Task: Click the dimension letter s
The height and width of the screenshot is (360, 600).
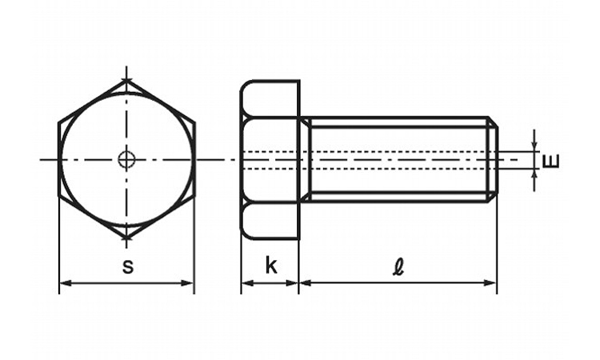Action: [x=128, y=266]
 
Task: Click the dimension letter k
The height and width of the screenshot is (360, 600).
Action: [x=271, y=266]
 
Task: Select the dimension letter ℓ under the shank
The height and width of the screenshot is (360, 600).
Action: [x=398, y=267]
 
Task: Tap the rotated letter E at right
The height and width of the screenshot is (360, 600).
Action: [x=551, y=161]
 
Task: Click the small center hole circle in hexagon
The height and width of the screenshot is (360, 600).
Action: [x=126, y=159]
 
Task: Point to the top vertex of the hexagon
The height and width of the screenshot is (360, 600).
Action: [x=126, y=81]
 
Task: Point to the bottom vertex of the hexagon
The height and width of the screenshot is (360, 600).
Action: [x=126, y=238]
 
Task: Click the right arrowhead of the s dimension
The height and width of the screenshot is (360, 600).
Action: [x=187, y=283]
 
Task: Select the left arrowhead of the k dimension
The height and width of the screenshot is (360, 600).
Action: [x=248, y=283]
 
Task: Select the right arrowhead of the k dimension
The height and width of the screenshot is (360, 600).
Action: [x=292, y=283]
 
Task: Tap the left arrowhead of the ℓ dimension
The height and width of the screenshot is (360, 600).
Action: [x=306, y=283]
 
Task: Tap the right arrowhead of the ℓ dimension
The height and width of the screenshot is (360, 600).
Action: [x=490, y=283]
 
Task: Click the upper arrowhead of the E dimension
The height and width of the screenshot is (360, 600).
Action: [x=534, y=146]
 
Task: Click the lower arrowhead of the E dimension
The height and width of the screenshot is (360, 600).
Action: [x=534, y=174]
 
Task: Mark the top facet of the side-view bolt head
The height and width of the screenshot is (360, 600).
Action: [x=270, y=98]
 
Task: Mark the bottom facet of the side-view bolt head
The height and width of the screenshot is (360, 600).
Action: [x=270, y=221]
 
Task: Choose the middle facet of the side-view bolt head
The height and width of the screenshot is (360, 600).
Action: [x=270, y=159]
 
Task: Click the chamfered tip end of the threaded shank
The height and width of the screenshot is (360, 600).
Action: [x=493, y=159]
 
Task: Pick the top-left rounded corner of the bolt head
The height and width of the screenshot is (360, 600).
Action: [x=245, y=85]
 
